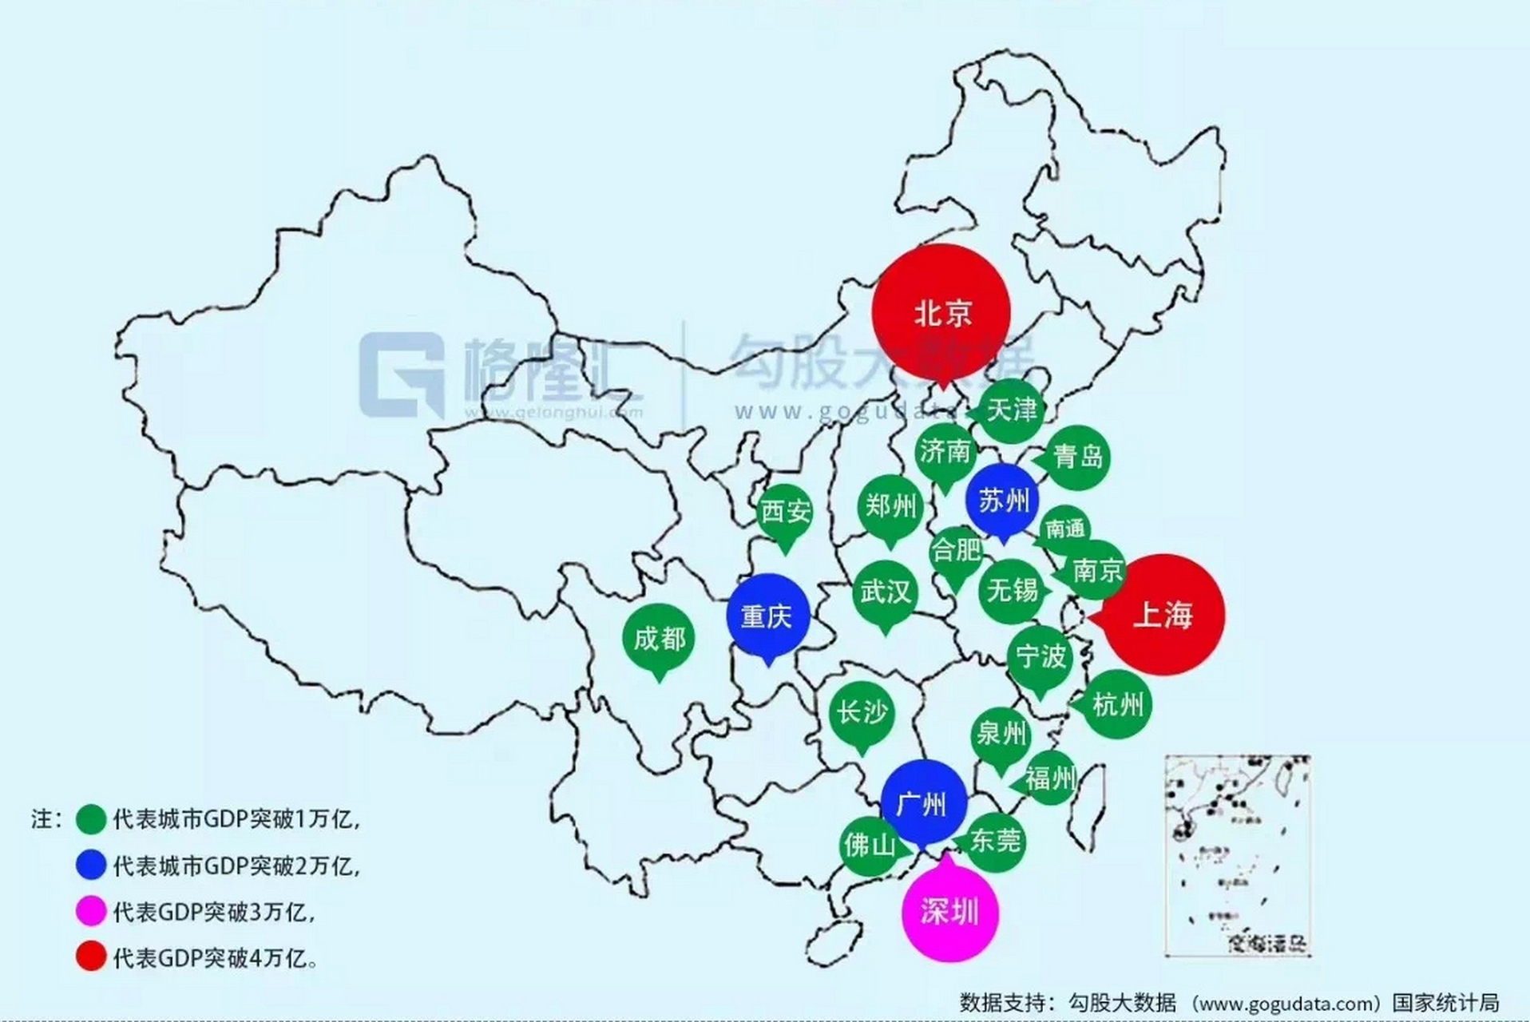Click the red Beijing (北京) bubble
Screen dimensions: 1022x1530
click(941, 311)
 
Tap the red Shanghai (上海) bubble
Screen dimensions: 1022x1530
click(1163, 615)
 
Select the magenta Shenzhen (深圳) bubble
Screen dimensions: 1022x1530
click(949, 912)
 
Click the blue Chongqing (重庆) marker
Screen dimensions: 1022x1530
click(767, 616)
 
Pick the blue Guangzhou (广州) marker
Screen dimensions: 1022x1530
click(923, 803)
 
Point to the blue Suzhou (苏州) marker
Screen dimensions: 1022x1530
click(1003, 501)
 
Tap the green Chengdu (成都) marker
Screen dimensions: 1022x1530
click(659, 638)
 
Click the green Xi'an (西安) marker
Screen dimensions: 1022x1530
click(785, 511)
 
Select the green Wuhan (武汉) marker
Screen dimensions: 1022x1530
click(885, 592)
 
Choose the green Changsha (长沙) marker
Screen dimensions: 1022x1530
click(861, 712)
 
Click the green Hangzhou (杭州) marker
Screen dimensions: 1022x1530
click(1117, 704)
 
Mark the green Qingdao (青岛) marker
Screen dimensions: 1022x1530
click(1077, 457)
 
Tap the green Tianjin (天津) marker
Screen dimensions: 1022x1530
click(1011, 410)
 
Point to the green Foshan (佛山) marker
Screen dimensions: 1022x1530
click(869, 844)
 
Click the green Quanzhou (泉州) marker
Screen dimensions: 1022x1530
click(1001, 733)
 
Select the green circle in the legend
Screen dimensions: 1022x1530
click(91, 819)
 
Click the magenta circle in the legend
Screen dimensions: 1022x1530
click(91, 911)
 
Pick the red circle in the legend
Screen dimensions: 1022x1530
click(91, 957)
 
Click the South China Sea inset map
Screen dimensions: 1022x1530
click(1237, 854)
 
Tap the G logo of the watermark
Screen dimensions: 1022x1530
click(401, 374)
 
